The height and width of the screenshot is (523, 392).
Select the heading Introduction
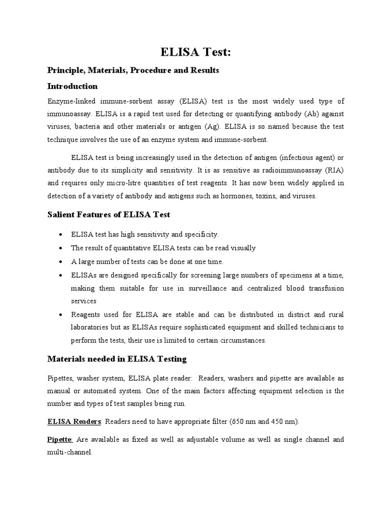coord(72,86)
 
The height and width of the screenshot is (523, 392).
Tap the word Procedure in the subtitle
coord(149,70)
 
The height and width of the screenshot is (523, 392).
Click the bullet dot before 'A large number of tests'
coord(61,262)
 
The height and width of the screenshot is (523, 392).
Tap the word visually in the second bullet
coord(243,248)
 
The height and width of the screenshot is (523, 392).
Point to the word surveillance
coord(201,289)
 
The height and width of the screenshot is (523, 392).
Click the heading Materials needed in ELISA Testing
coord(117,359)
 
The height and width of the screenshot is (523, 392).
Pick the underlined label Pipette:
coord(60,439)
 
